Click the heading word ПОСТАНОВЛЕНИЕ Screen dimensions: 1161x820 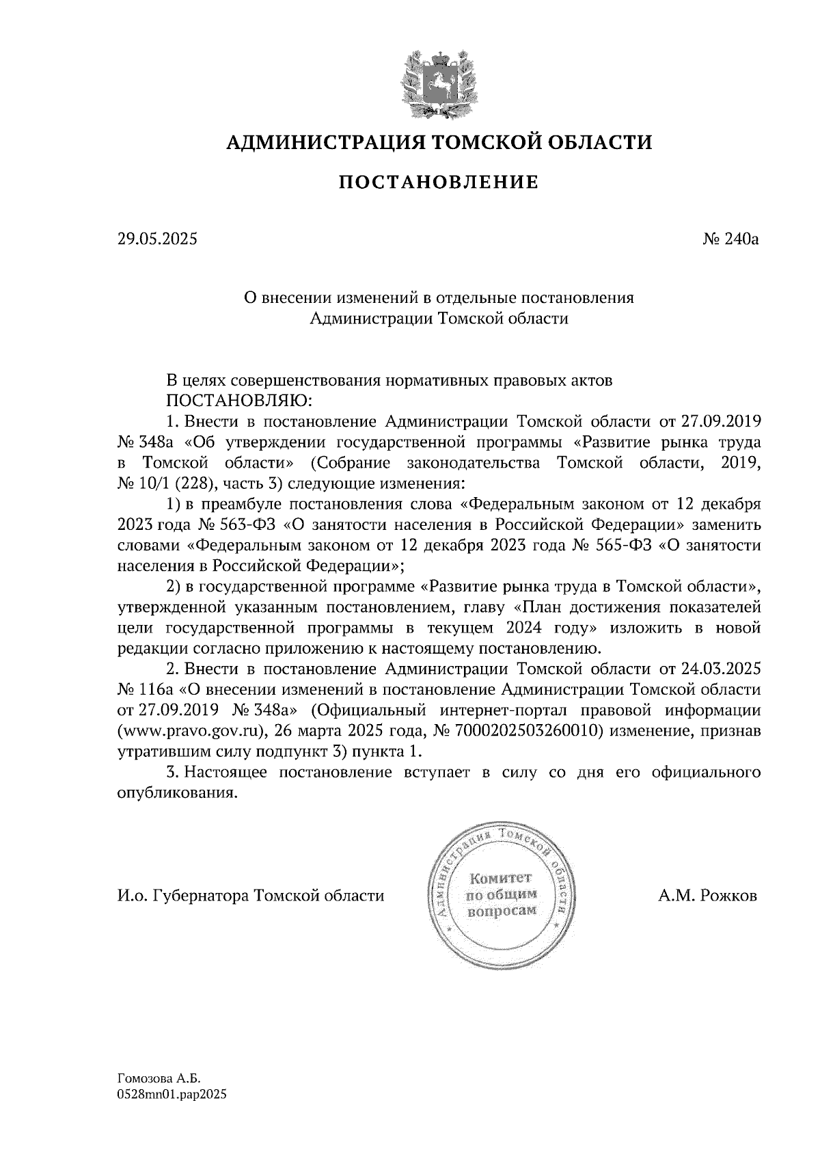(x=438, y=183)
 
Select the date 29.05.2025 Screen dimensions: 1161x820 (x=156, y=239)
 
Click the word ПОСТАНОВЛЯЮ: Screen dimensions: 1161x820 (x=240, y=399)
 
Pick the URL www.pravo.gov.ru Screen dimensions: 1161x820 (x=192, y=730)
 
